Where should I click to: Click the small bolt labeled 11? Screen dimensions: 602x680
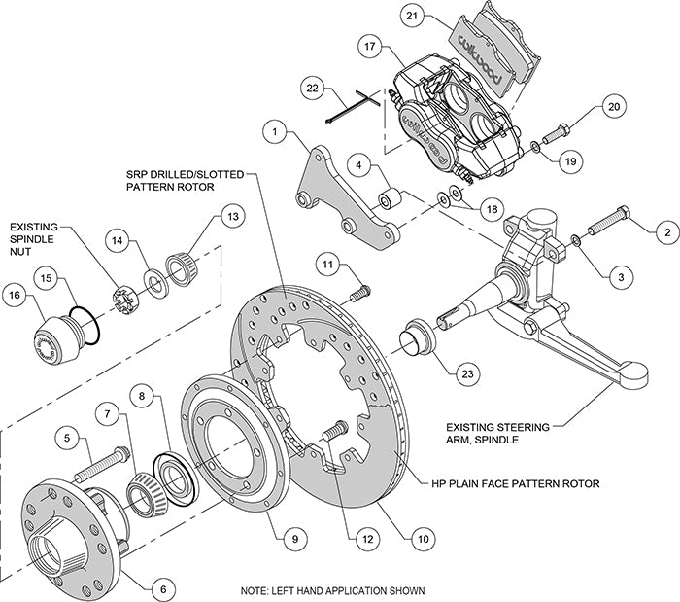click(360, 289)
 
